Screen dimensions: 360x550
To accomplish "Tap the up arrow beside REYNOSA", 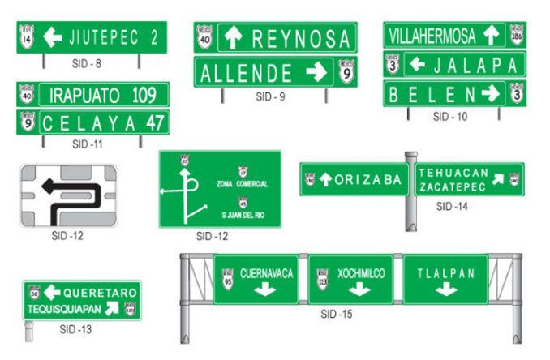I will pos(232,37).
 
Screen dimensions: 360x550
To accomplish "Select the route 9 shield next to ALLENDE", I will pos(346,73).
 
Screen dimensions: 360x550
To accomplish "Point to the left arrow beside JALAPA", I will pos(416,64).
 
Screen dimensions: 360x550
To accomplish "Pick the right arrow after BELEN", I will pos(490,93).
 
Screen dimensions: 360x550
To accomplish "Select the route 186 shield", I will pos(517,35).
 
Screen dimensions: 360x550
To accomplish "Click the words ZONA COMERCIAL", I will pos(242,184).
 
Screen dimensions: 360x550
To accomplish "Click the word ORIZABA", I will pos(368,180).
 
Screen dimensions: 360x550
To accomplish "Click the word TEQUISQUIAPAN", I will pos(63,308).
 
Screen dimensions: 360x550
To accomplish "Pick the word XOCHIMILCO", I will pos(361,273).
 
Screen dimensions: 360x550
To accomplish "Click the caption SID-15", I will pos(338,314).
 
